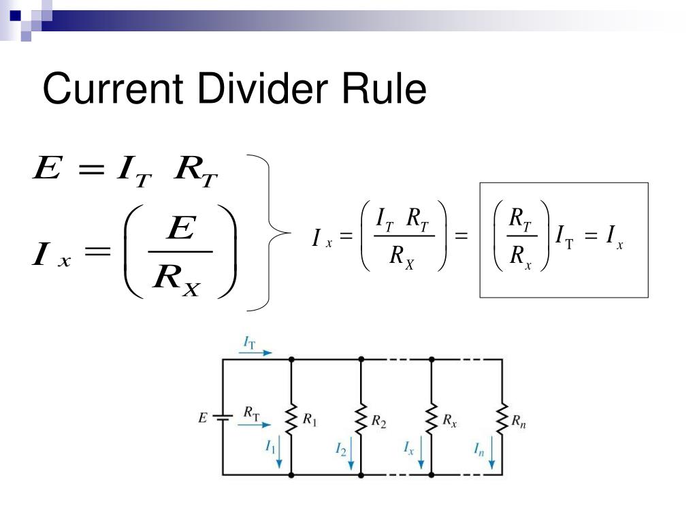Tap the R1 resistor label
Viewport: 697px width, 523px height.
point(310,420)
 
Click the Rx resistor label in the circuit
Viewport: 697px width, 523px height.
point(449,421)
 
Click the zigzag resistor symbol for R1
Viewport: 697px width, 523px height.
point(291,419)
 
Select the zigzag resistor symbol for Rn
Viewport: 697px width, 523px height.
point(502,419)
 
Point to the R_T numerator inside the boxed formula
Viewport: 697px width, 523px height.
point(520,219)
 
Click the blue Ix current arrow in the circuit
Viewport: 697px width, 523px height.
point(421,453)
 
